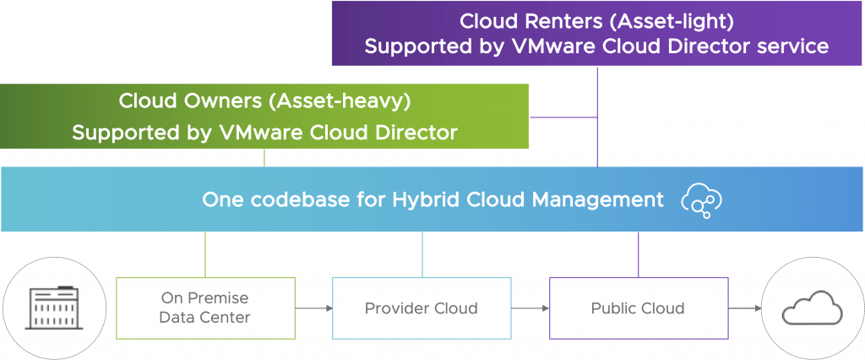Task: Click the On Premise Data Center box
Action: (205, 308)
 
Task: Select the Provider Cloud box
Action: (421, 308)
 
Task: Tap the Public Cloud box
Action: (638, 308)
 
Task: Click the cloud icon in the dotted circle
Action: (812, 307)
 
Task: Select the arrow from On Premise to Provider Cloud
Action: (313, 308)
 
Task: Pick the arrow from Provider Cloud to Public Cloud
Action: (530, 308)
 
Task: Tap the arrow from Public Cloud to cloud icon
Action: (744, 308)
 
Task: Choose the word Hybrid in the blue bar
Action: (422, 200)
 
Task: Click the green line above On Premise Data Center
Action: (205, 254)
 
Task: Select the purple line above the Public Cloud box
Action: (638, 254)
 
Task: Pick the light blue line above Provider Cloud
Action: (422, 254)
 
